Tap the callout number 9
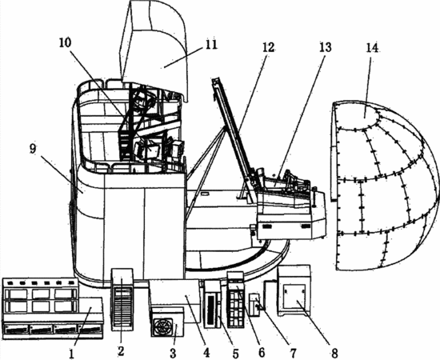click(x=33, y=149)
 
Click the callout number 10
click(x=66, y=42)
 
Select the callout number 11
click(x=211, y=44)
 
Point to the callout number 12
click(x=268, y=47)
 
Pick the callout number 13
click(x=326, y=47)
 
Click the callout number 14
click(x=372, y=48)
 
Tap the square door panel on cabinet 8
click(x=294, y=296)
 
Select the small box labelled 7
click(x=255, y=305)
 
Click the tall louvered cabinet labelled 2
click(x=122, y=299)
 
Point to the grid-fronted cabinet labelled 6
click(x=236, y=300)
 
